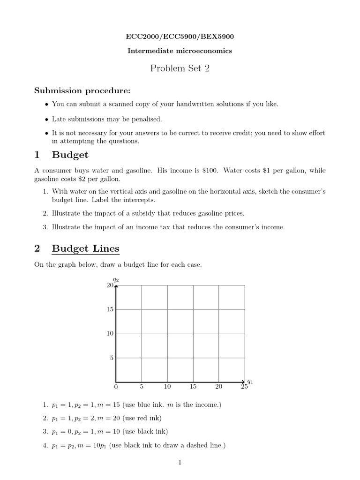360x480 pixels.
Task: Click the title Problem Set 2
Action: (x=180, y=68)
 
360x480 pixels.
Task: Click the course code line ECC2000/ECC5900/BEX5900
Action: (x=180, y=36)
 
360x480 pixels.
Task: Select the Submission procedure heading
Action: (x=82, y=90)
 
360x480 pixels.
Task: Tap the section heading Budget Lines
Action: (x=85, y=248)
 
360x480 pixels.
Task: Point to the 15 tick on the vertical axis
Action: (x=110, y=309)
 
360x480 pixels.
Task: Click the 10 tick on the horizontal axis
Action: (x=167, y=387)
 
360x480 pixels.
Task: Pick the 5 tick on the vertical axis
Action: (x=112, y=358)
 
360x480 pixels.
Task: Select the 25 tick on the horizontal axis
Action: (x=244, y=387)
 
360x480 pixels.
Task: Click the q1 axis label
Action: (x=250, y=381)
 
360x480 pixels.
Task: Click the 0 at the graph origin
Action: (x=116, y=387)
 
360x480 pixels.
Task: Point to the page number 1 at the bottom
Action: (x=180, y=462)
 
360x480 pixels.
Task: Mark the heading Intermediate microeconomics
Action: (x=180, y=51)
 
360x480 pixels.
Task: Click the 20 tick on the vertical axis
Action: (x=110, y=285)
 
